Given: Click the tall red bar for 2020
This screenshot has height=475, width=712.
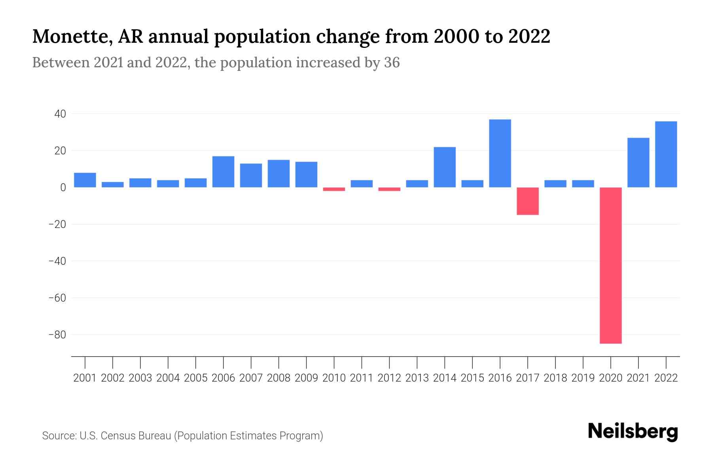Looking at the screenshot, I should (611, 265).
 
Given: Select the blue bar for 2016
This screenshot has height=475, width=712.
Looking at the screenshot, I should (500, 154).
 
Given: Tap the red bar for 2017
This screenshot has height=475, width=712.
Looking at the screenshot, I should (528, 201).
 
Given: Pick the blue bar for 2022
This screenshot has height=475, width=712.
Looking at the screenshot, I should (666, 154).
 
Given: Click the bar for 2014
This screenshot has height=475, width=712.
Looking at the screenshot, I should (445, 167).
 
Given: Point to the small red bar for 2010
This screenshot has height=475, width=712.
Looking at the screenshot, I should (334, 189).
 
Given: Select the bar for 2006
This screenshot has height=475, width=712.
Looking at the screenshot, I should (223, 172).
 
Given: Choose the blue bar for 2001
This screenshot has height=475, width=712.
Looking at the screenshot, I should (85, 180).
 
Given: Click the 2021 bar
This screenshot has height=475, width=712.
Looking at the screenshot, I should (638, 163).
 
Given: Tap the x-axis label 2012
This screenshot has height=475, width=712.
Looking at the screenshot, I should (389, 378).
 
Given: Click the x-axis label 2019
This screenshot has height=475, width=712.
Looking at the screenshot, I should (583, 378).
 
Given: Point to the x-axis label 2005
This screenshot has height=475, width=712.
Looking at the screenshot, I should (196, 378).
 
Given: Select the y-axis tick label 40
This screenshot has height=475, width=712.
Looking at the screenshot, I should (60, 114).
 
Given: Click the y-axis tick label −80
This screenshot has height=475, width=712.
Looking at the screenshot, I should (57, 335).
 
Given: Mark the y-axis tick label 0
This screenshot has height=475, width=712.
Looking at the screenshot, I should (63, 188).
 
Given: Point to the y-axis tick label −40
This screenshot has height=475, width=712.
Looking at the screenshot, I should (57, 261).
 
